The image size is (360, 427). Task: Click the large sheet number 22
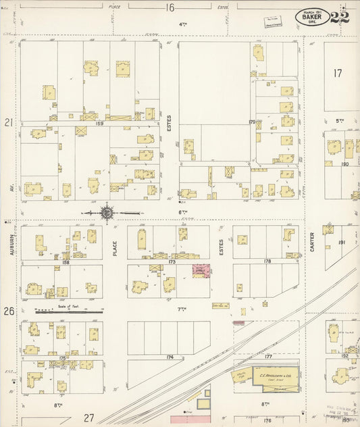coord(340,17)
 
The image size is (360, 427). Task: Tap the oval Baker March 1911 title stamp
coord(312,17)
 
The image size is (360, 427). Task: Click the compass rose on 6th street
coord(107,214)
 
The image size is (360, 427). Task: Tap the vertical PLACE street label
coord(115,244)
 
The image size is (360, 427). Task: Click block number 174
coord(169,356)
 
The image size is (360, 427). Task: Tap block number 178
coord(267,261)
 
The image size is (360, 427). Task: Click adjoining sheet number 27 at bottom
coord(89,418)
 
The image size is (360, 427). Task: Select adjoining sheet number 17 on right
coord(338,72)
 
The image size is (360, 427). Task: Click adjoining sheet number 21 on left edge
coord(9,123)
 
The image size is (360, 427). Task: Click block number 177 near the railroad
coord(267,356)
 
